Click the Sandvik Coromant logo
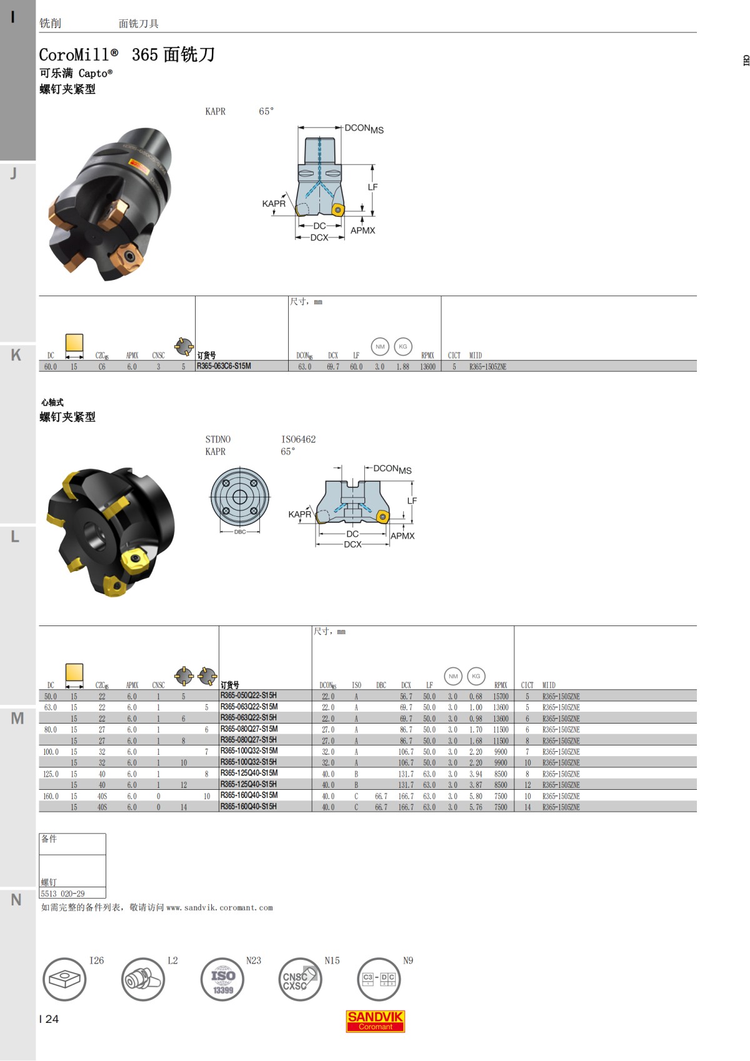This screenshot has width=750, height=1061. pyautogui.click(x=375, y=1021)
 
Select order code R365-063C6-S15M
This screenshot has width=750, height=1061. pyautogui.click(x=224, y=366)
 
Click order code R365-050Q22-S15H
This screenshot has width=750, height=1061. pyautogui.click(x=248, y=695)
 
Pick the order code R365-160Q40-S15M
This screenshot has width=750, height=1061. pyautogui.click(x=249, y=795)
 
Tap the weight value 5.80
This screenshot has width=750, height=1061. pyautogui.click(x=476, y=796)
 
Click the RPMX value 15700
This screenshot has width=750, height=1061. pyautogui.click(x=501, y=696)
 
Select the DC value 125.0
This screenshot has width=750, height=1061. pyautogui.click(x=51, y=774)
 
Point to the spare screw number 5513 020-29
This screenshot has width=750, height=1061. pyautogui.click(x=63, y=894)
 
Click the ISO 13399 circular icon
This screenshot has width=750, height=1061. pyautogui.click(x=222, y=980)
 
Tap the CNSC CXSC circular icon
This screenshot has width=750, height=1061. pyautogui.click(x=300, y=980)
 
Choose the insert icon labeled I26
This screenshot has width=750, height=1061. pyautogui.click(x=64, y=980)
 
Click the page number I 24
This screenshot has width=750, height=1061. pyautogui.click(x=49, y=1019)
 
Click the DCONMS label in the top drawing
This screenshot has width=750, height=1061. pyautogui.click(x=364, y=129)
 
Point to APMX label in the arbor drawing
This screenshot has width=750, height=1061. pyautogui.click(x=402, y=536)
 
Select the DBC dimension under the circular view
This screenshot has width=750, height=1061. pyautogui.click(x=240, y=532)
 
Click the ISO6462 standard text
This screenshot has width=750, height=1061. pyautogui.click(x=298, y=439)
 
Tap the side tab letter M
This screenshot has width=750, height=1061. pyautogui.click(x=17, y=719)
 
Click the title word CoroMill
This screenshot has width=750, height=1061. pyautogui.click(x=75, y=55)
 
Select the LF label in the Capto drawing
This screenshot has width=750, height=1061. pyautogui.click(x=372, y=187)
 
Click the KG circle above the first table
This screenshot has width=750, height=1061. pyautogui.click(x=403, y=346)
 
